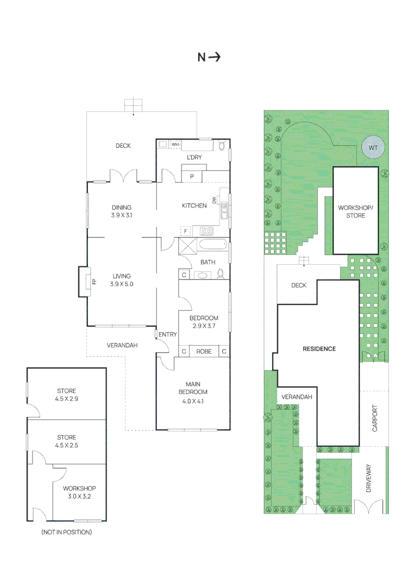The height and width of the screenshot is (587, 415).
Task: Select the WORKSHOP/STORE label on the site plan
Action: click(355, 212)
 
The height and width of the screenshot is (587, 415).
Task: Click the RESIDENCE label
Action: click(319, 349)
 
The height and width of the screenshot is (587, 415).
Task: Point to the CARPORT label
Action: click(375, 419)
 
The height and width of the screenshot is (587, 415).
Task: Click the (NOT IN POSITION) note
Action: click(66, 532)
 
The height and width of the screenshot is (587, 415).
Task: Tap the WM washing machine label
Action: click(175, 145)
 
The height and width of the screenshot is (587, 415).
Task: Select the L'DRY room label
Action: click(194, 158)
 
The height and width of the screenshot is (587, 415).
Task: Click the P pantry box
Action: click(192, 176)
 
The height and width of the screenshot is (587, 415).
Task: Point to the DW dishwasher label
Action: click(215, 200)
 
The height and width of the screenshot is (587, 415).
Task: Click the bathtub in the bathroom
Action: click(212, 245)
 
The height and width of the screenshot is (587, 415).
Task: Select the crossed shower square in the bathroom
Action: click(187, 246)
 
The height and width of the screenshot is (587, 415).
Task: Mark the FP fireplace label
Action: click(93, 282)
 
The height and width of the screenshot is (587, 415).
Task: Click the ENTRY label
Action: click(167, 334)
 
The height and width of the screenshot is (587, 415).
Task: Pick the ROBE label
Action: click(204, 352)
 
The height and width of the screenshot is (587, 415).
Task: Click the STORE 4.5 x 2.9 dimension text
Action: click(66, 398)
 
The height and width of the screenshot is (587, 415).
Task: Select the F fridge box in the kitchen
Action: click(185, 231)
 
